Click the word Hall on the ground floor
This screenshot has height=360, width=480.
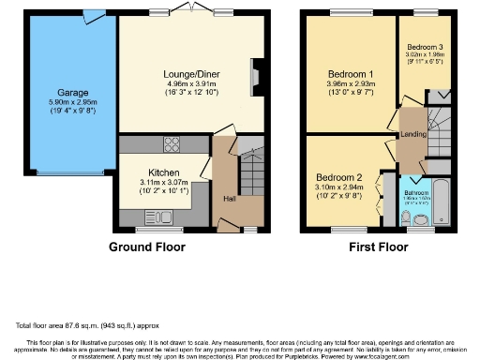pyautogui.click(x=229, y=198)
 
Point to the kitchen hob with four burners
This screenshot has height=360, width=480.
pyautogui.click(x=172, y=144)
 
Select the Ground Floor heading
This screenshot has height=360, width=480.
pyautogui.click(x=147, y=247)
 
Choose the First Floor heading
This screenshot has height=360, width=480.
pyautogui.click(x=377, y=247)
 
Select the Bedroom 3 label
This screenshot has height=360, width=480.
pyautogui.click(x=424, y=47)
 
